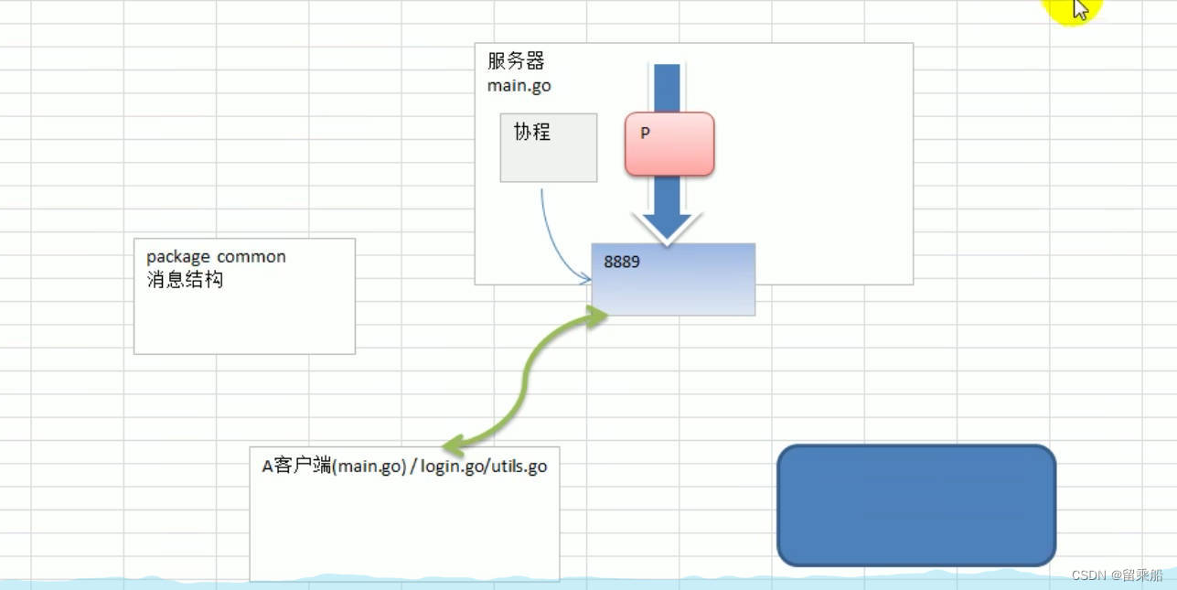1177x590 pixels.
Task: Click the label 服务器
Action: pyautogui.click(x=516, y=62)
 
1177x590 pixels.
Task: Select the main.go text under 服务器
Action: pyautogui.click(x=519, y=86)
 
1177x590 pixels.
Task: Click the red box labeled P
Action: pyautogui.click(x=669, y=145)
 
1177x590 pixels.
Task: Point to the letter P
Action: pyautogui.click(x=645, y=134)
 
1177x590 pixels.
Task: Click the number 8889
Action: pyautogui.click(x=622, y=262)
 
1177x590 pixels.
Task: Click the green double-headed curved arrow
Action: pyautogui.click(x=526, y=380)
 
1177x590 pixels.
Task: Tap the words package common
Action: pyautogui.click(x=216, y=257)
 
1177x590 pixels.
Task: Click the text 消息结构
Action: pyautogui.click(x=185, y=280)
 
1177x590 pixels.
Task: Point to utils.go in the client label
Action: pyautogui.click(x=519, y=467)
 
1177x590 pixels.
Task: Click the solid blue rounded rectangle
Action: pyautogui.click(x=916, y=505)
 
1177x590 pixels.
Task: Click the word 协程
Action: pyautogui.click(x=532, y=132)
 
